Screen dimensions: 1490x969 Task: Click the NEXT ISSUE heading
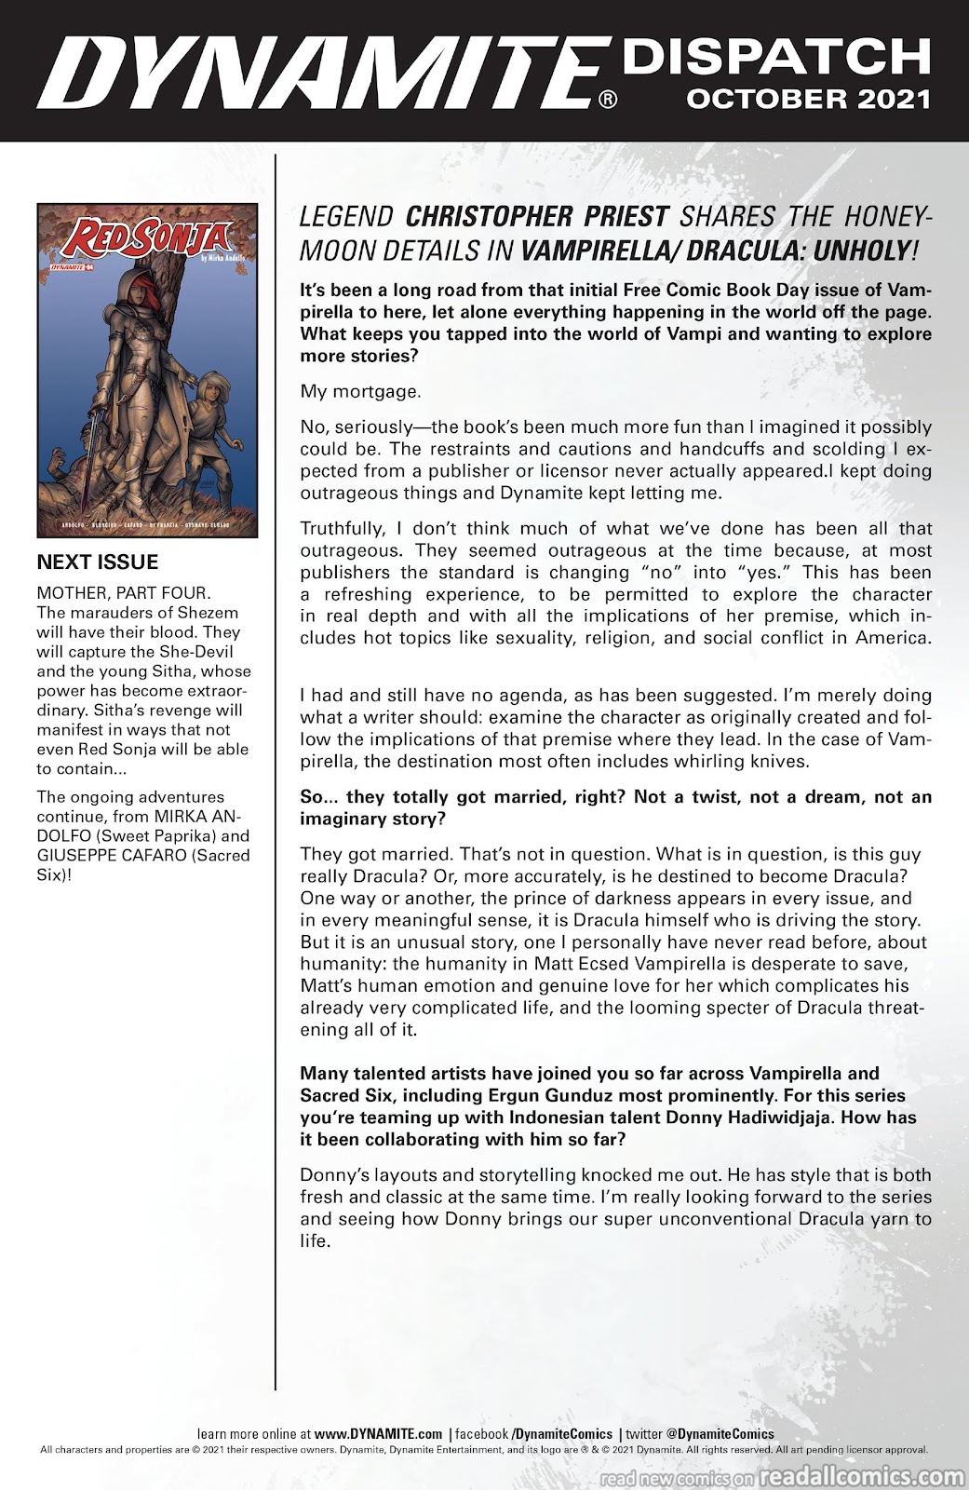click(x=97, y=562)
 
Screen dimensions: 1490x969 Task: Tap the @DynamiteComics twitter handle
click(x=714, y=1434)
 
